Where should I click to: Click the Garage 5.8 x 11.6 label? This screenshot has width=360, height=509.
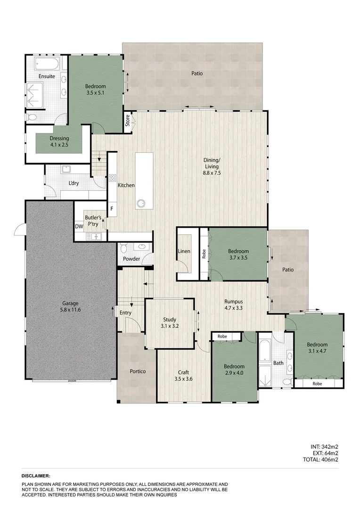tap(70, 306)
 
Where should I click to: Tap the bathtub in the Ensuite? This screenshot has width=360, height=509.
tap(46, 64)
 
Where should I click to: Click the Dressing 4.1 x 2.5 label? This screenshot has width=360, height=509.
tap(59, 141)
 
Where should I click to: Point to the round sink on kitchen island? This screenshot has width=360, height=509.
tap(140, 204)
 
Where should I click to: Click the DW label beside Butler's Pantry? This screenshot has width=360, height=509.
tap(79, 227)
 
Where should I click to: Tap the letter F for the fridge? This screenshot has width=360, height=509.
tap(112, 208)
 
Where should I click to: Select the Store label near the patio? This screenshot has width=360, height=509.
tap(127, 121)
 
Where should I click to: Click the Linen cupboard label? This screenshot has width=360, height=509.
tap(184, 251)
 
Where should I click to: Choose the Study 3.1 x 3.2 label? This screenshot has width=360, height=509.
tap(170, 322)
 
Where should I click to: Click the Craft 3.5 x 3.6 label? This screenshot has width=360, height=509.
tap(184, 375)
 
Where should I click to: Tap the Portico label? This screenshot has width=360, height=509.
tap(138, 371)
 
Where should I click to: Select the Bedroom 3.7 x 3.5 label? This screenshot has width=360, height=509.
tap(238, 254)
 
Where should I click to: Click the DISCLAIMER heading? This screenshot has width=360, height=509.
tap(36, 476)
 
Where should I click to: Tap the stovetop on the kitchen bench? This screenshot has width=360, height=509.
tap(113, 178)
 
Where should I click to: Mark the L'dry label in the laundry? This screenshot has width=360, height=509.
tap(74, 183)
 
